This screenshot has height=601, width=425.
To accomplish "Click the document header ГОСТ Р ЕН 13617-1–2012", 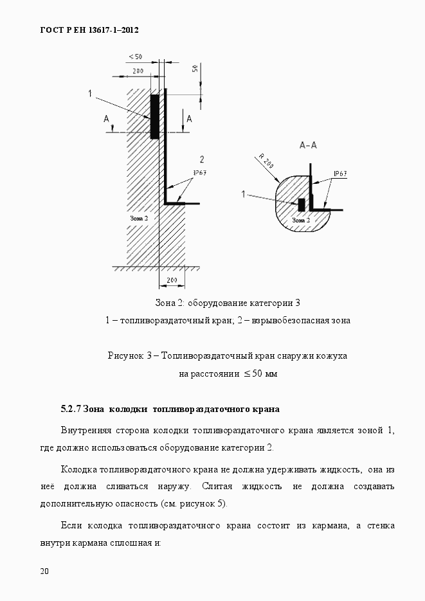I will pyautogui.click(x=89, y=30).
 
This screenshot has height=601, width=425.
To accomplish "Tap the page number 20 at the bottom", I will pyautogui.click(x=44, y=571).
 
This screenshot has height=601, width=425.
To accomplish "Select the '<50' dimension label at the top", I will pyautogui.click(x=135, y=57).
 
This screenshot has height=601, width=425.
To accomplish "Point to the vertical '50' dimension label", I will pyautogui.click(x=195, y=69).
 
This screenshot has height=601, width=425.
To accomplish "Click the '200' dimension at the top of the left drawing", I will pyautogui.click(x=138, y=70).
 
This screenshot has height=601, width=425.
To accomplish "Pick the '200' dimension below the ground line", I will pyautogui.click(x=172, y=280).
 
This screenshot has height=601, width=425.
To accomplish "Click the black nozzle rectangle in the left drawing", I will pyautogui.click(x=154, y=116).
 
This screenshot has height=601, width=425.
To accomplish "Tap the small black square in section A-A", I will pyautogui.click(x=301, y=204).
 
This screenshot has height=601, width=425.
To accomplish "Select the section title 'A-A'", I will pyautogui.click(x=308, y=145).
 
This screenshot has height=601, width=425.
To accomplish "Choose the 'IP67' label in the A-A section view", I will pyautogui.click(x=340, y=174).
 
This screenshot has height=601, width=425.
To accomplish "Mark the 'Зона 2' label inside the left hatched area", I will pyautogui.click(x=139, y=219).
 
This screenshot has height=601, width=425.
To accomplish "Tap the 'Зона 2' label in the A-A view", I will pyautogui.click(x=300, y=220).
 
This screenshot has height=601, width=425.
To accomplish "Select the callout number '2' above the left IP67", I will pyautogui.click(x=201, y=159).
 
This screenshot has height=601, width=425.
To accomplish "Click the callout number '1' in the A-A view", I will pyautogui.click(x=244, y=193).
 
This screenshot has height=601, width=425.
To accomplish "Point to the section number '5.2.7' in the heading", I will pyautogui.click(x=71, y=409).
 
